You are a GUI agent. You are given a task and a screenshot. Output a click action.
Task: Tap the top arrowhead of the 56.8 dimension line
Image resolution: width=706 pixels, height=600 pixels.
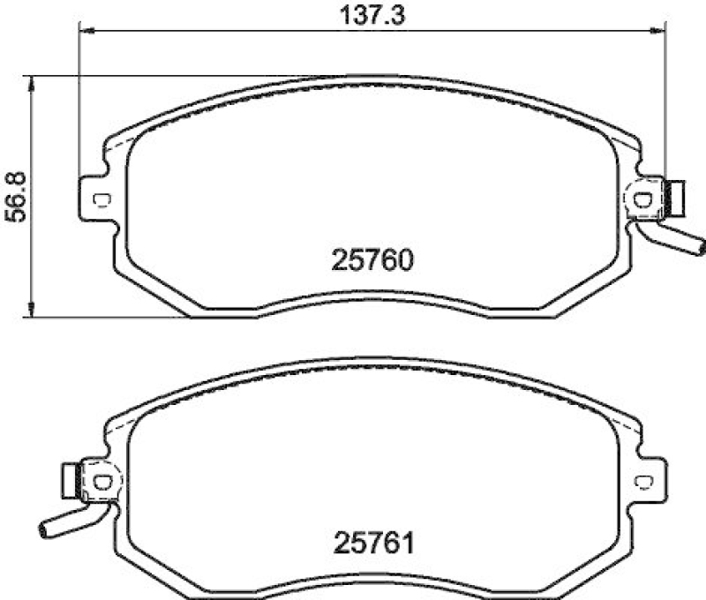tap(33, 82)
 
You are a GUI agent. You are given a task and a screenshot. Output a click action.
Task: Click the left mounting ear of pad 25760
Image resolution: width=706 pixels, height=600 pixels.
tap(95, 199)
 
